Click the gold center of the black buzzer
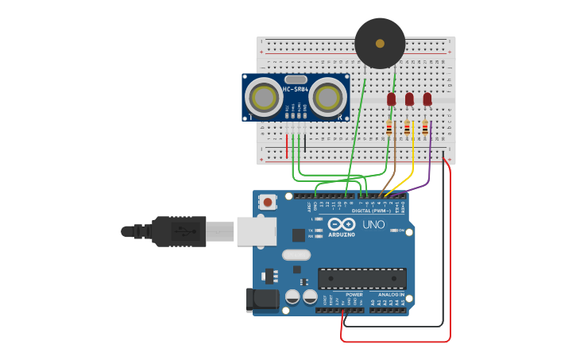pyautogui.click(x=380, y=44)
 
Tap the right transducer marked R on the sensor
pyautogui.click(x=328, y=98)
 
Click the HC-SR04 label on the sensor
pyautogui.click(x=295, y=89)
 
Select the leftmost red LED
pyautogui.click(x=391, y=99)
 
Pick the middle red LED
pyautogui.click(x=409, y=99)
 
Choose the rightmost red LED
pyautogui.click(x=427, y=99)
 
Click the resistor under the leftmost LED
pyautogui.click(x=389, y=127)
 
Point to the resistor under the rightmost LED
pyautogui.click(x=425, y=127)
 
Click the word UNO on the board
pyautogui.click(x=373, y=225)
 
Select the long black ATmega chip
pyautogui.click(x=362, y=278)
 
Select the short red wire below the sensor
pyautogui.click(x=287, y=146)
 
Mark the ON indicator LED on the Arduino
pyautogui.click(x=401, y=230)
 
